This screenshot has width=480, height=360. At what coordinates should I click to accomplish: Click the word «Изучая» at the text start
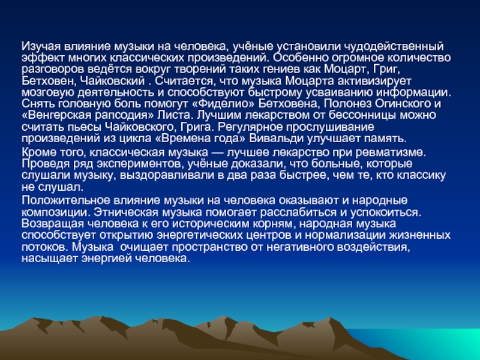pos(41,47)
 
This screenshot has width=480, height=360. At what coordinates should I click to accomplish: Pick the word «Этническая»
pos(126,212)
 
